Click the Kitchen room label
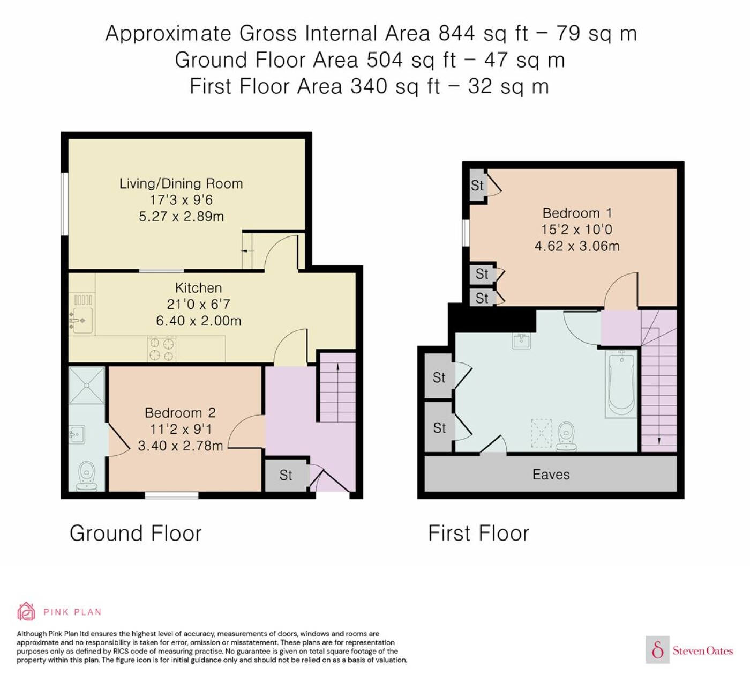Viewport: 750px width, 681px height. click(x=199, y=288)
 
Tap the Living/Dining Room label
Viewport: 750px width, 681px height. click(x=181, y=183)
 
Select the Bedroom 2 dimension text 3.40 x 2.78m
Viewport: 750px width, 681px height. click(x=180, y=446)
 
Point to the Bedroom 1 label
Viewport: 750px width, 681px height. click(x=577, y=213)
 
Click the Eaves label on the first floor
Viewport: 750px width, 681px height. click(x=551, y=475)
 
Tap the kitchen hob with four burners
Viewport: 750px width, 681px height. click(x=161, y=349)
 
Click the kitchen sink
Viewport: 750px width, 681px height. click(x=82, y=321)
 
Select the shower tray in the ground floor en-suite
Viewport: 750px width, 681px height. click(x=87, y=385)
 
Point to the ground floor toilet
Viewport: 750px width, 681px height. click(x=87, y=476)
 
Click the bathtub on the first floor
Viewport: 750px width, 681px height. click(x=621, y=384)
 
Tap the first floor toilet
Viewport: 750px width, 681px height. click(x=566, y=436)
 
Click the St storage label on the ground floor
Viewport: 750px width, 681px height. click(x=286, y=475)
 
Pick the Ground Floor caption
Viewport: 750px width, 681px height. click(x=136, y=533)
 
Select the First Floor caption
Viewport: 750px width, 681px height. click(x=478, y=533)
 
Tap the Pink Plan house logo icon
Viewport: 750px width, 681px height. click(x=26, y=611)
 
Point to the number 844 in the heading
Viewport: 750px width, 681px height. click(x=456, y=33)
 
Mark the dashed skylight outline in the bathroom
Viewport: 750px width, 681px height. click(x=542, y=433)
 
